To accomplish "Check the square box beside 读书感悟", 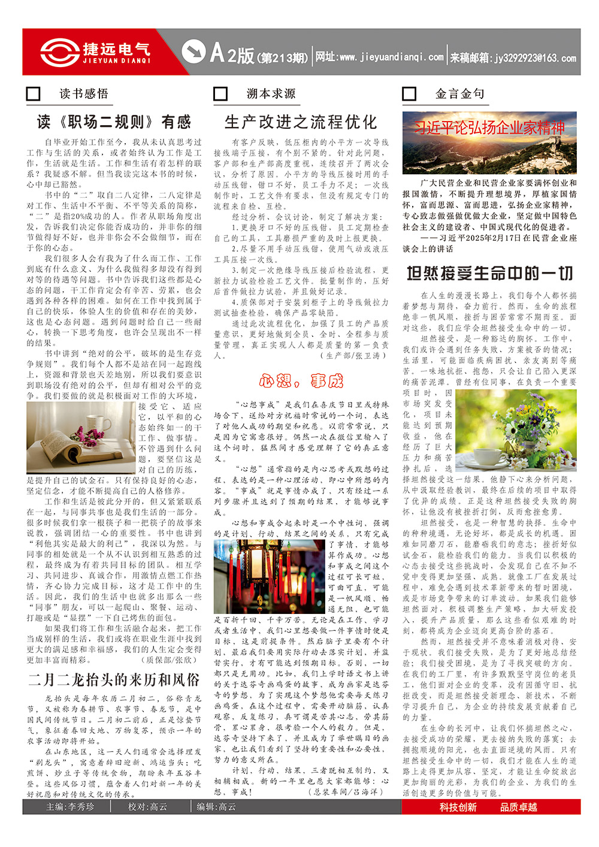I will pos(34,93).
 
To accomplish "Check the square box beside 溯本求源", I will pos(220,93).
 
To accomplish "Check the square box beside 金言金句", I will pos(409,93).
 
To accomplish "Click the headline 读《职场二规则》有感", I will pos(114,122).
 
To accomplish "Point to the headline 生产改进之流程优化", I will pos(301,122).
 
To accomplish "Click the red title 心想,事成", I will pos(301,380).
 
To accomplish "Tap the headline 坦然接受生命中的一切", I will pos(489,273).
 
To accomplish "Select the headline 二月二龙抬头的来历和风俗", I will pos(114,679).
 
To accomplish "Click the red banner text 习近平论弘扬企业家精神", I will pos(489,128).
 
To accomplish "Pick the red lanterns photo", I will pos(270,576).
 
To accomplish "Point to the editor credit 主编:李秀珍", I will pos(70,807).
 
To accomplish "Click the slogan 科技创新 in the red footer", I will pos(458,807).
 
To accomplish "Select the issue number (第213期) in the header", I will pos(282,58).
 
